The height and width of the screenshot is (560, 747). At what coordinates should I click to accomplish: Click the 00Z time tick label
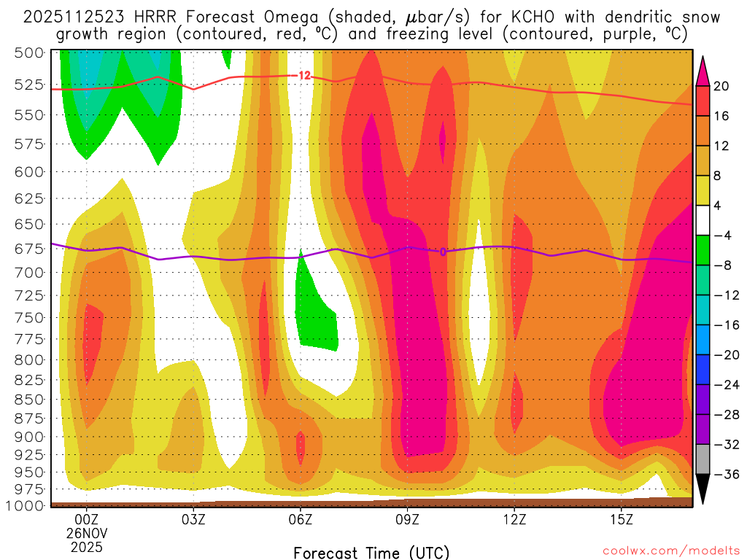click(86, 520)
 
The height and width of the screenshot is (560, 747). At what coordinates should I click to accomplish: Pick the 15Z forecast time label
click(621, 520)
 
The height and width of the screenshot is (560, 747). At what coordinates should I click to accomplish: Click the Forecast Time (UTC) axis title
click(371, 552)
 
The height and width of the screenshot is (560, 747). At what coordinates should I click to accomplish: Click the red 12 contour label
click(304, 75)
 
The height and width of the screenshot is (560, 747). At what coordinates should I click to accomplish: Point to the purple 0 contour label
click(442, 252)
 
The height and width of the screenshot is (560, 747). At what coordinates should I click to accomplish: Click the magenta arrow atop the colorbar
click(703, 70)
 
